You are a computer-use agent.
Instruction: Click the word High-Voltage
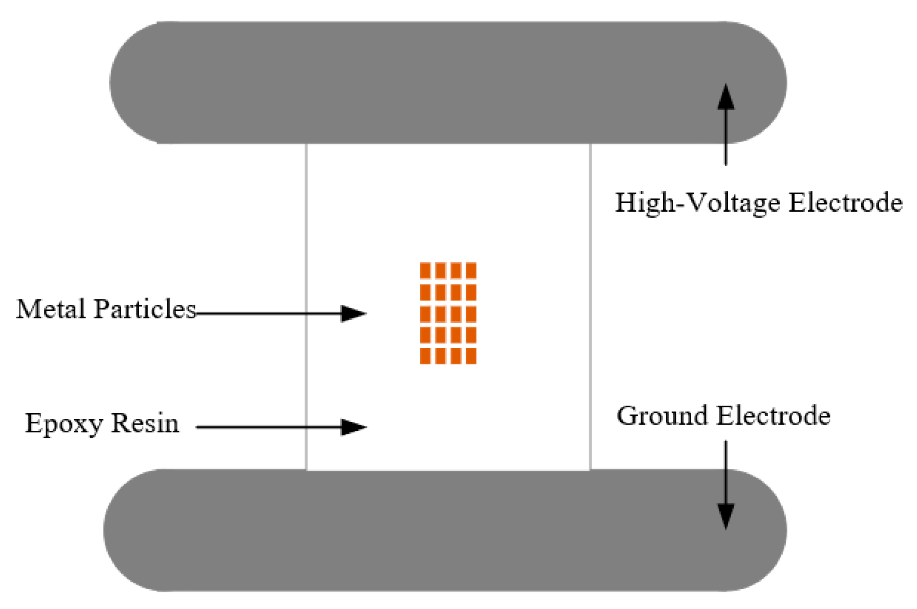tap(697, 203)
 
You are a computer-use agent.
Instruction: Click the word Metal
tap(51, 309)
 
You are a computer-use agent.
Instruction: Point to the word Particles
tap(145, 309)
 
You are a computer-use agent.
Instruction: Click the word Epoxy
tap(64, 424)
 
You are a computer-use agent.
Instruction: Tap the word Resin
tap(145, 424)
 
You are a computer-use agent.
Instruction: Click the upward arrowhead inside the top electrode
tap(726, 97)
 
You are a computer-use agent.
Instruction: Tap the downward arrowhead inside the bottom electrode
tap(726, 515)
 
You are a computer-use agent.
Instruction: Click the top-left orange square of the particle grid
tap(425, 271)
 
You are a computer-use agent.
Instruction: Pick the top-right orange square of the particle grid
tap(471, 271)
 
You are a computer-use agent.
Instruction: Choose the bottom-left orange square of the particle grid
tap(425, 356)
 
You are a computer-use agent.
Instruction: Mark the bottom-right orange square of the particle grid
tap(471, 356)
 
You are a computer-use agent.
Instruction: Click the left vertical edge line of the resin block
tap(306, 307)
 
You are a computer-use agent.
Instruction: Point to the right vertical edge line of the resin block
tap(590, 307)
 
